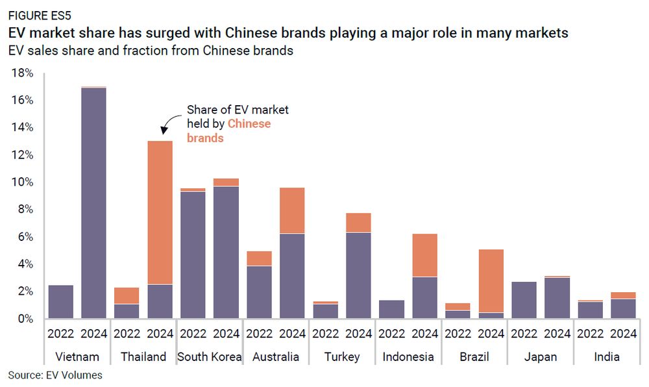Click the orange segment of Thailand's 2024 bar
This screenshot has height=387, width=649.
coord(160,212)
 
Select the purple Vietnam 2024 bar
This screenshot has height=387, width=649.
coord(93,203)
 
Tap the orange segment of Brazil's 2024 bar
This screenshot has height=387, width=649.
coord(491,281)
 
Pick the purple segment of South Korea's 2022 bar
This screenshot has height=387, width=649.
coord(193,255)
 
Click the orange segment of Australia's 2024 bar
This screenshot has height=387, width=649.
coord(292,210)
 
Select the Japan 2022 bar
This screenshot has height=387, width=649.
coord(524,300)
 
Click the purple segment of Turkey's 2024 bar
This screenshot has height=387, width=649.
coord(358,275)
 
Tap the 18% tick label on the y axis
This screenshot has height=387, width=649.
coord(22,73)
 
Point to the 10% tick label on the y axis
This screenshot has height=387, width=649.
coord(22,182)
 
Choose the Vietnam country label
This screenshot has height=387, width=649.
coord(77,356)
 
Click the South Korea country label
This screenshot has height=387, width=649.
coord(209,356)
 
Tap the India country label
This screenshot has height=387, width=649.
coord(606,356)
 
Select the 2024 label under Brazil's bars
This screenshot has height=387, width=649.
coord(491,334)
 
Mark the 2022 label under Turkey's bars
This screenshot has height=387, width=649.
coord(325,334)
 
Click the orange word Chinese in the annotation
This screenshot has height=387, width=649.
coord(249,123)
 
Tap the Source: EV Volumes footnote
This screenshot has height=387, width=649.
coord(55,375)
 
